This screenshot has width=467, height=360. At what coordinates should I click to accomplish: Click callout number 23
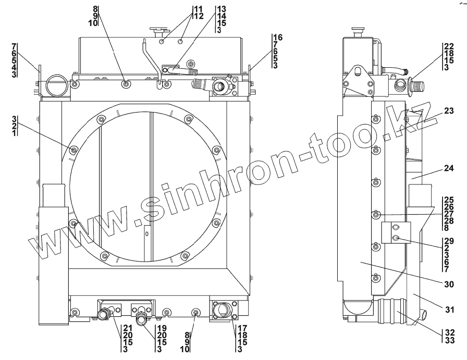449,111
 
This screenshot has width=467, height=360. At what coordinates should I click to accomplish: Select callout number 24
449,168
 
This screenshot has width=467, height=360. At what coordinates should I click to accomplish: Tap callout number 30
449,284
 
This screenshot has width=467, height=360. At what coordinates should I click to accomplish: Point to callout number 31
449,309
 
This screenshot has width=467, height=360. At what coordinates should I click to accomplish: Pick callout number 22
449,46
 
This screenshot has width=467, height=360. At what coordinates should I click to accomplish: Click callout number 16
278,38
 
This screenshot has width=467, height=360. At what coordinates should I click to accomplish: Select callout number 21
128,328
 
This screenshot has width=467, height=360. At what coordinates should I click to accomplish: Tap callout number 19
162,328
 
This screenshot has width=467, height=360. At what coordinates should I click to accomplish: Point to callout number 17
242,328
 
